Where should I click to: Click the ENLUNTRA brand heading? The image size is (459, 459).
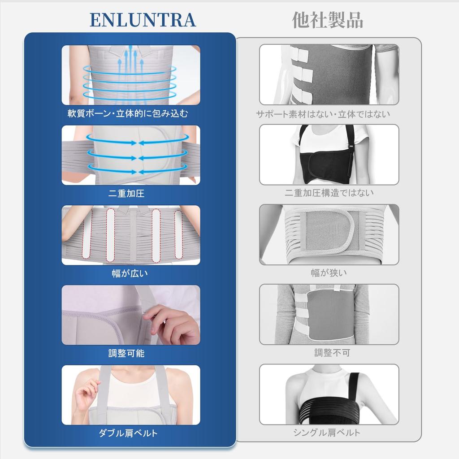pyautogui.click(x=143, y=20)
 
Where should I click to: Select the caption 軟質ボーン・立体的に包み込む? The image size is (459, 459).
pyautogui.click(x=128, y=114)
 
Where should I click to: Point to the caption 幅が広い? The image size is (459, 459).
pyautogui.click(x=129, y=273)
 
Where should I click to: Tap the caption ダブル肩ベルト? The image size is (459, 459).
pyautogui.click(x=128, y=433)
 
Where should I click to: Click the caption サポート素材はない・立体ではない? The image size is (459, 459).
pyautogui.click(x=323, y=114)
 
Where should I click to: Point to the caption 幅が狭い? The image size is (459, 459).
pyautogui.click(x=329, y=273)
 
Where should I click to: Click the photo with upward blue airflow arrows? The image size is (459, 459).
pyautogui.click(x=131, y=75)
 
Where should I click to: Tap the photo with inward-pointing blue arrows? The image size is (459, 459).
pyautogui.click(x=131, y=155)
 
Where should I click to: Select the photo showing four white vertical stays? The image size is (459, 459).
pyautogui.click(x=131, y=235)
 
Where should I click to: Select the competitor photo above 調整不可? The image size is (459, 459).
pyautogui.click(x=329, y=315)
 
